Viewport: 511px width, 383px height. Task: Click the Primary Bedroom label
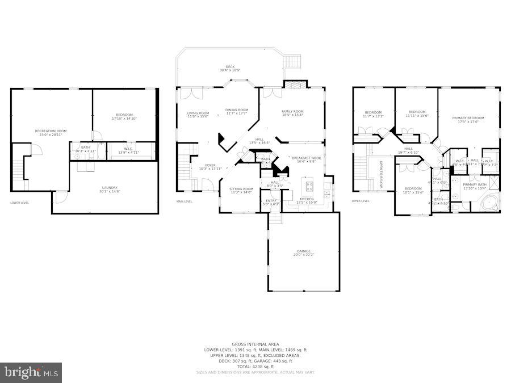point(468,119)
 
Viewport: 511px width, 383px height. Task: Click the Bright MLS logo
point(32,373)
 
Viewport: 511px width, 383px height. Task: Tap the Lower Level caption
point(19,202)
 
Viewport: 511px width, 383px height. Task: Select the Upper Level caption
point(361,200)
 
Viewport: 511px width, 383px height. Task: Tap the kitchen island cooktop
point(309,185)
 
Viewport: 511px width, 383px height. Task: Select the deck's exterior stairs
point(293,60)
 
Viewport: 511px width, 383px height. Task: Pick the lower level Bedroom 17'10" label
point(124,116)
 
